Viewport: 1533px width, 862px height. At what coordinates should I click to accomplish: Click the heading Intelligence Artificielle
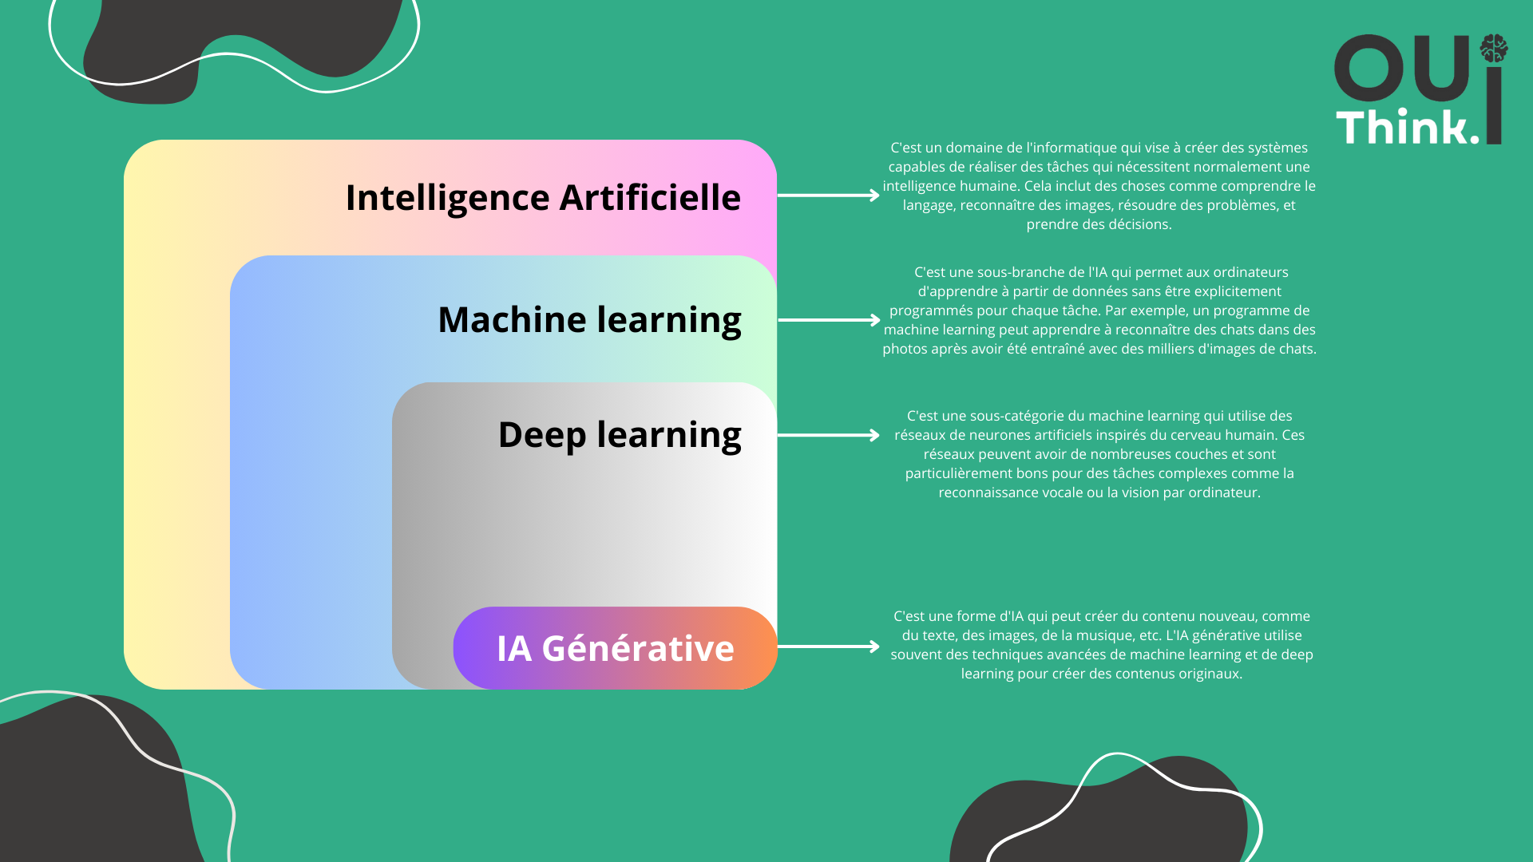coord(543,197)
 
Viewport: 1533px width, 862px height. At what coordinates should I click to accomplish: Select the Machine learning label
coord(589,319)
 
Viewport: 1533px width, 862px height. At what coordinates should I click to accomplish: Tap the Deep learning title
coord(620,434)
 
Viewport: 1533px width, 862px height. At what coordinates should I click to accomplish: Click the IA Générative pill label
coord(615,648)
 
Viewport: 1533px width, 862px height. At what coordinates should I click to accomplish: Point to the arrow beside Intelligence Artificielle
coord(828,195)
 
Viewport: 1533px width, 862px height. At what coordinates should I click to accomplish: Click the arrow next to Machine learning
coord(829,320)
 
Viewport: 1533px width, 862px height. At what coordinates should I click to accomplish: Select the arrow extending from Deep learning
coord(828,435)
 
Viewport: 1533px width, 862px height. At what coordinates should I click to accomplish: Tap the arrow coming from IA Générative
coord(828,646)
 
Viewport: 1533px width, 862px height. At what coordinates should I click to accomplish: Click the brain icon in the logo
coord(1493,49)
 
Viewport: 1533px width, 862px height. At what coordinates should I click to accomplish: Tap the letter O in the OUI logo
coord(1369,68)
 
